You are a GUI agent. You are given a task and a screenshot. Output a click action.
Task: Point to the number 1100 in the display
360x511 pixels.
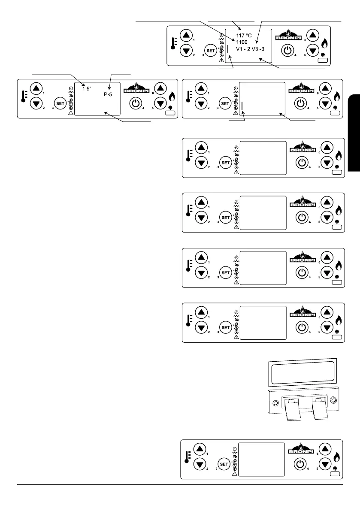point(242,42)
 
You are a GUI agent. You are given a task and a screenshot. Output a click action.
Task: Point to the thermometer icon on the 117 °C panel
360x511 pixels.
point(173,43)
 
